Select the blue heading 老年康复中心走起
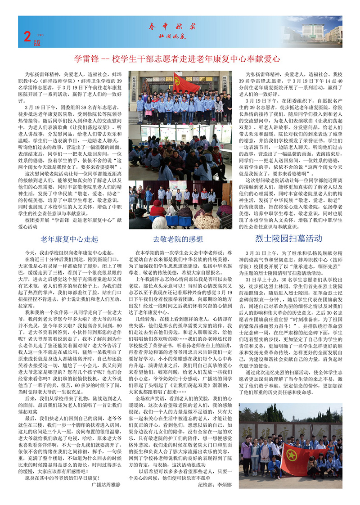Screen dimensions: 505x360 click(69, 238)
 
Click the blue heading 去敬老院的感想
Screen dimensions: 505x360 click(178, 238)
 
